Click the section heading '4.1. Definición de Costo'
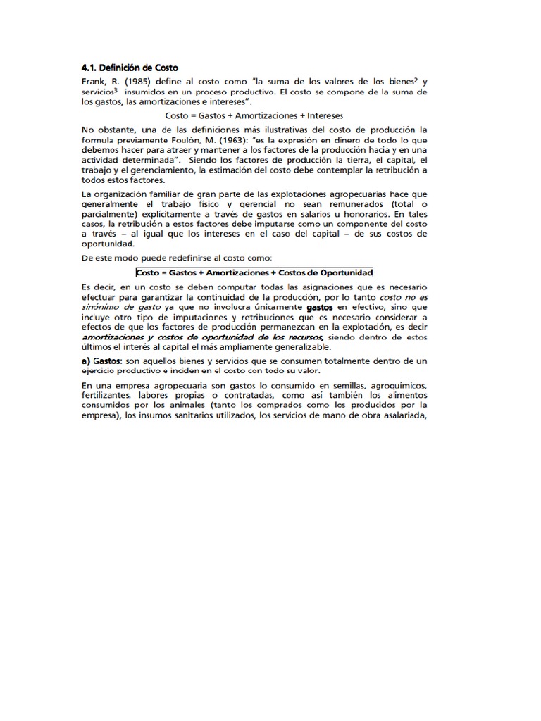130,68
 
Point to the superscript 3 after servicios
115,90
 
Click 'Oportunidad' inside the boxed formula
341,272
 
